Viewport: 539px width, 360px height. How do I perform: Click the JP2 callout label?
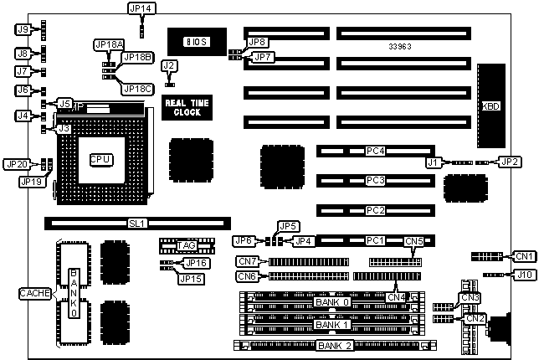point(510,161)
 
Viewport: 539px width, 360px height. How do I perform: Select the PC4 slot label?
point(375,152)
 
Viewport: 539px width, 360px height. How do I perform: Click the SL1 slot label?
point(136,224)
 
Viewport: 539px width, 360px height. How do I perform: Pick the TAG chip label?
point(187,245)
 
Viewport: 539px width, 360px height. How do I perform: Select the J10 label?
point(524,274)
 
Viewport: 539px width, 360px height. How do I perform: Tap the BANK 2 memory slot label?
point(335,346)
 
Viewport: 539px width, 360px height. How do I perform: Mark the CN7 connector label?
point(248,261)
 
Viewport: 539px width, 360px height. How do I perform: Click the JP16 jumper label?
point(198,264)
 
